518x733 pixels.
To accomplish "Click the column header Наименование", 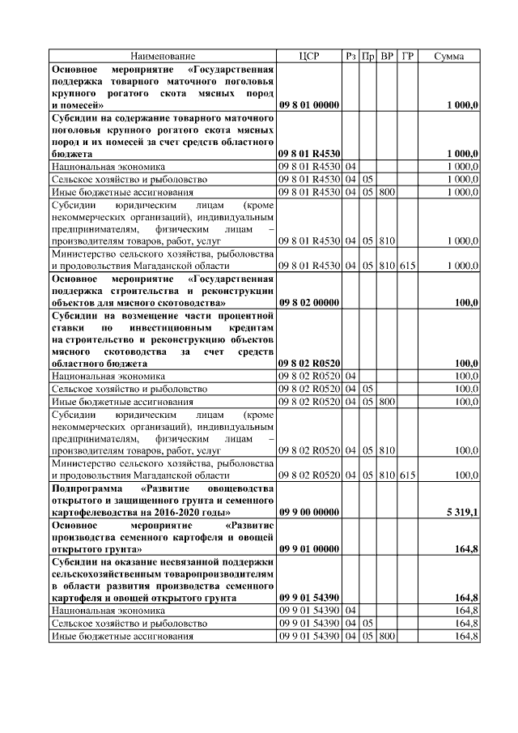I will (x=162, y=56).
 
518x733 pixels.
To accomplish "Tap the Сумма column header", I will (x=449, y=56).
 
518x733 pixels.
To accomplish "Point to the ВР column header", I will (x=387, y=56).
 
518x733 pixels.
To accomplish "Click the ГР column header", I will (x=407, y=56).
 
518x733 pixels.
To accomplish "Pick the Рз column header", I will (x=350, y=56).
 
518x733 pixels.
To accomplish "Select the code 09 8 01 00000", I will (x=309, y=105).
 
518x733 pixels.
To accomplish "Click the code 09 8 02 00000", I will (x=309, y=302).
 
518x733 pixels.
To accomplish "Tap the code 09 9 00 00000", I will (x=309, y=512).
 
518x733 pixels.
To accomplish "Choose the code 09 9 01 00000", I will (x=309, y=549).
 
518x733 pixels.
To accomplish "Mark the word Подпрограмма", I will (x=87, y=489).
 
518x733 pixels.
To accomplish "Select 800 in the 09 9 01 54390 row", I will (x=387, y=637).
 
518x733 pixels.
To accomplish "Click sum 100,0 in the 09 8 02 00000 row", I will (x=466, y=302).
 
